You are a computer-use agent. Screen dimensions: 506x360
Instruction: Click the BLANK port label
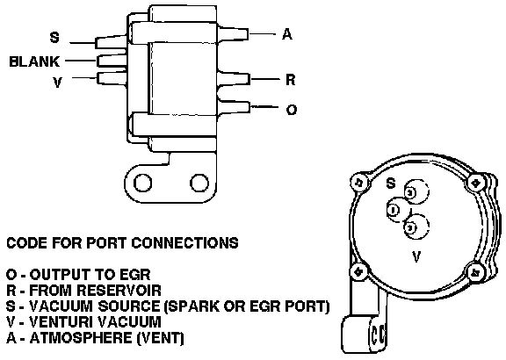click(x=34, y=61)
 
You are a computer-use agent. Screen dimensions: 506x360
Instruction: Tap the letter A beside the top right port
click(x=287, y=34)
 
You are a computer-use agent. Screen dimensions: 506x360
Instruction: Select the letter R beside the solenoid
click(x=291, y=79)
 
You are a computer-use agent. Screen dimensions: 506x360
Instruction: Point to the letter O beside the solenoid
click(x=292, y=110)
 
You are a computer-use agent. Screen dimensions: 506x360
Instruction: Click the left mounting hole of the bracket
click(x=142, y=183)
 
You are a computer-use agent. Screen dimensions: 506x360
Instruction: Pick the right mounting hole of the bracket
click(x=199, y=183)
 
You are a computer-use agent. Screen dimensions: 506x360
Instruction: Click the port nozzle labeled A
click(x=233, y=33)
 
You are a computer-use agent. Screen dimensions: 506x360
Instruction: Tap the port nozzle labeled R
click(x=234, y=79)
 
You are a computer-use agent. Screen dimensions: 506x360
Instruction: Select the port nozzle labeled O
click(x=235, y=107)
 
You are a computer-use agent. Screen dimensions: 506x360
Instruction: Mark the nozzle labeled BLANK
click(x=112, y=61)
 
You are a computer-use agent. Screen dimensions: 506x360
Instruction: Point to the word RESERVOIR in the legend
click(x=119, y=290)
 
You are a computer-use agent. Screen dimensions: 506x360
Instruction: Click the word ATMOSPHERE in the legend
click(x=81, y=337)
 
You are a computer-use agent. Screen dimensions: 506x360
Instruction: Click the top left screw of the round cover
click(x=358, y=183)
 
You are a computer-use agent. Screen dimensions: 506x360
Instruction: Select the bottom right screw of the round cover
click(x=476, y=273)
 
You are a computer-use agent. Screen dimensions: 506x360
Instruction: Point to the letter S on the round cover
click(x=391, y=184)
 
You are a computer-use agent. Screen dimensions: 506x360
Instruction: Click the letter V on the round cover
click(x=416, y=256)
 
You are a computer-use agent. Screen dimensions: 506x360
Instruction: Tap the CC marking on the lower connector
click(x=378, y=335)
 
